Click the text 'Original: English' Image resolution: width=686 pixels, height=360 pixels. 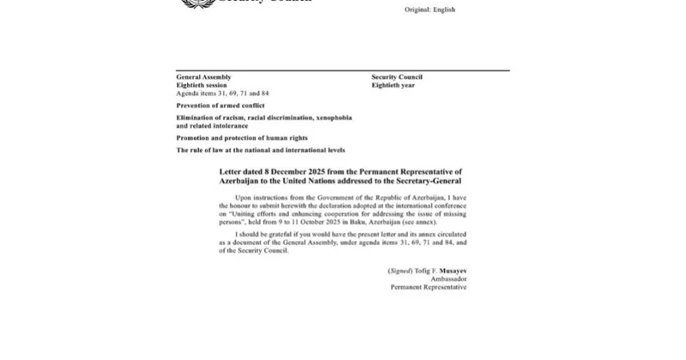coord(430,9)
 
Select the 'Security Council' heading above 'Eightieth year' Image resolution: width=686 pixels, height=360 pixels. coord(397,77)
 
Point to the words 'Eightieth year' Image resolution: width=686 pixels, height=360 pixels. coord(393,85)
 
